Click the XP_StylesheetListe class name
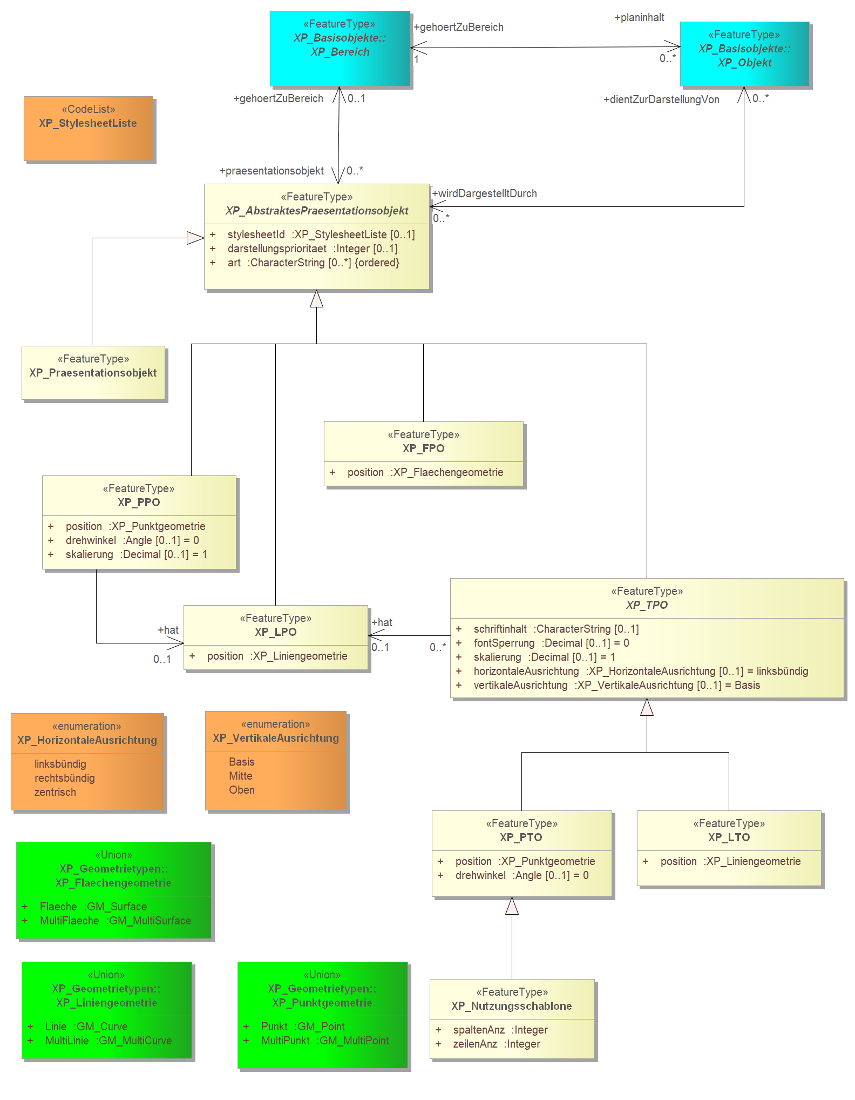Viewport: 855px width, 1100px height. tap(88, 123)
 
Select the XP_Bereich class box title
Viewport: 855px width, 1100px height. tap(340, 45)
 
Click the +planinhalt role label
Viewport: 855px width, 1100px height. tap(639, 17)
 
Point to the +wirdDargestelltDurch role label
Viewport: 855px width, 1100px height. tap(485, 193)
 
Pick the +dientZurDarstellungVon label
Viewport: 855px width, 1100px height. tap(661, 99)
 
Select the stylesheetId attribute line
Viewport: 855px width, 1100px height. tap(313, 234)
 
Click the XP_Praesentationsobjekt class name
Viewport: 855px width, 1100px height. tap(93, 373)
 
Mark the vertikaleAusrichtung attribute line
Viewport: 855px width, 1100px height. tap(608, 685)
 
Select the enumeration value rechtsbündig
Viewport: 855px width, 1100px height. tap(65, 778)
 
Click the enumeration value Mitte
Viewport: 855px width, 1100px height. tap(241, 776)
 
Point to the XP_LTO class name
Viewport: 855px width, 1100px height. tap(729, 837)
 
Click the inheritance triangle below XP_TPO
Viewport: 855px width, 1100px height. tap(647, 707)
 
